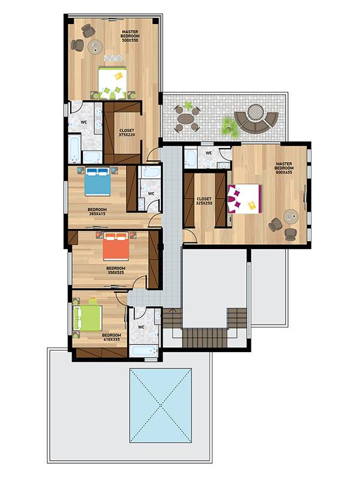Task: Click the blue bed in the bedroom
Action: click(97, 181)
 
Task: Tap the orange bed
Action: click(116, 246)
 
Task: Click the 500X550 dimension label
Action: click(130, 40)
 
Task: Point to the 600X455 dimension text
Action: click(284, 172)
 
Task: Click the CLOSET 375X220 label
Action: click(127, 133)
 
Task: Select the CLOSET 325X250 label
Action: click(204, 201)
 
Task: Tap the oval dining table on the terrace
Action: click(186, 118)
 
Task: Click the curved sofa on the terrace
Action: click(257, 122)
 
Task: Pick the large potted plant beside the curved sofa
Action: click(228, 125)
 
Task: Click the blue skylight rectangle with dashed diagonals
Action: click(161, 406)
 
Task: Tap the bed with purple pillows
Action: click(244, 199)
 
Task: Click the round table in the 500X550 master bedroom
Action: click(95, 47)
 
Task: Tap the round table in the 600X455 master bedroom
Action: click(290, 217)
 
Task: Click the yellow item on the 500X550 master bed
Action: click(119, 75)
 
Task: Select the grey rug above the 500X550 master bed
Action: click(113, 58)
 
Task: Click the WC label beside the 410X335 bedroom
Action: click(141, 327)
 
